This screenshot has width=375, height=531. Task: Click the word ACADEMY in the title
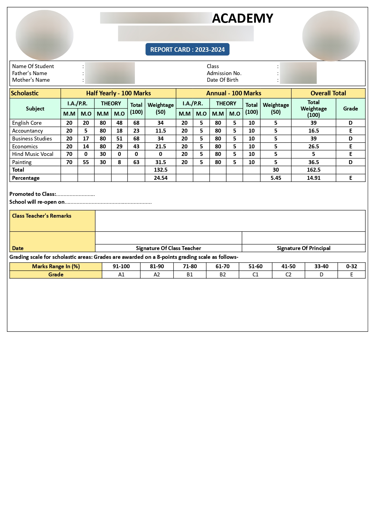tap(243, 18)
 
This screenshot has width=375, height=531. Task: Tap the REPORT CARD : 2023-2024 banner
tap(187, 50)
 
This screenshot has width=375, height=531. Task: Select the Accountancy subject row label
tap(28, 131)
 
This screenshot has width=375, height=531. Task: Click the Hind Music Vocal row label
tap(33, 154)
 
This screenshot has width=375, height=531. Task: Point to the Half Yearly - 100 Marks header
tap(118, 93)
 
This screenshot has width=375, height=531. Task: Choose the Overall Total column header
tap(328, 93)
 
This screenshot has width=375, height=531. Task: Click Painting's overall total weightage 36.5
tap(314, 162)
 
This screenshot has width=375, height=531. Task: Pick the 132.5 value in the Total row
tap(161, 170)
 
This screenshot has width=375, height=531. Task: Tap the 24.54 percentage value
tap(161, 178)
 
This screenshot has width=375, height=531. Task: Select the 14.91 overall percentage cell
tap(314, 178)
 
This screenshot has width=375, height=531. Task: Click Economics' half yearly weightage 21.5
tap(161, 147)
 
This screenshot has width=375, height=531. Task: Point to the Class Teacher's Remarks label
tap(42, 216)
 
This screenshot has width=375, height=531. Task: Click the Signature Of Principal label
tap(304, 248)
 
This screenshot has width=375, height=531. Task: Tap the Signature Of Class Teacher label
tap(168, 248)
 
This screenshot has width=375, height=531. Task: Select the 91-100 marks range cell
tap(121, 266)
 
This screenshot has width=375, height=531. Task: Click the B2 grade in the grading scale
tap(223, 275)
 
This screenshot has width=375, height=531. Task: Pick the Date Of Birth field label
tap(223, 80)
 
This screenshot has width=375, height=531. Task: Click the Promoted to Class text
tap(33, 194)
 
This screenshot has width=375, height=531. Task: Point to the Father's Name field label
tap(30, 73)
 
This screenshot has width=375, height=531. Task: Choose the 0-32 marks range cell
tap(352, 266)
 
